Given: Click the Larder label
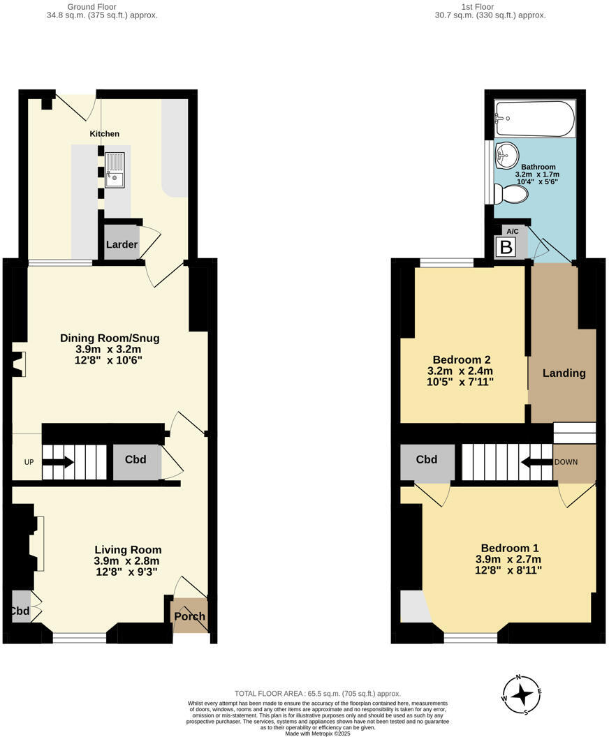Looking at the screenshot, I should pos(122,245).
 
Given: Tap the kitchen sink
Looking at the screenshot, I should pos(115,170).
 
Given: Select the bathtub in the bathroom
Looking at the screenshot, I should pos(534,119).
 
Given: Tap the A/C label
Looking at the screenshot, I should pos(512,231).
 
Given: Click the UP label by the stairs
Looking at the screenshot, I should pos(29,462).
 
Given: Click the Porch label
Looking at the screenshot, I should pos(190,616).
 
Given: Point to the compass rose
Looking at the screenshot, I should pos(521,694).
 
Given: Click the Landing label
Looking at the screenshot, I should pos(564,373).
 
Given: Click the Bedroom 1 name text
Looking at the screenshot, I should pos(509,548).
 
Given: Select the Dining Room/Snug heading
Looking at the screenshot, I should pos(110,338).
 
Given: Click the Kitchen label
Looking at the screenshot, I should pos(104,133).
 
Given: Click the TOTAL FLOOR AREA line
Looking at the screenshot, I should pos(318,693).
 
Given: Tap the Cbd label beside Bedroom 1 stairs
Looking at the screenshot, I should pos(426,459).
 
